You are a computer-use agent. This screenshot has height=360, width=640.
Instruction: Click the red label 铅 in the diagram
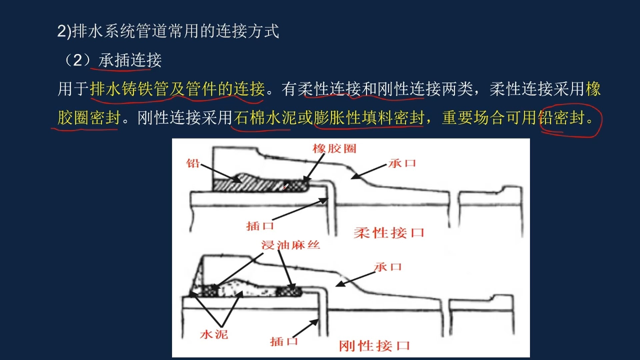pyautogui.click(x=193, y=163)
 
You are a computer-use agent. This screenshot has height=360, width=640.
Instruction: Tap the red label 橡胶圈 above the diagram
pyautogui.click(x=334, y=148)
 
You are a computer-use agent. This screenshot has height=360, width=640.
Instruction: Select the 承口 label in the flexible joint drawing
pyautogui.click(x=402, y=163)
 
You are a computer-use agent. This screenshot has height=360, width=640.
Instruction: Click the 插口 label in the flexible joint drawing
pyautogui.click(x=260, y=226)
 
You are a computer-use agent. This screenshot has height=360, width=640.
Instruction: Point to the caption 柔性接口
pyautogui.click(x=389, y=233)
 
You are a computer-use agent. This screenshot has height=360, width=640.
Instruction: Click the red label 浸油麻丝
pyautogui.click(x=291, y=245)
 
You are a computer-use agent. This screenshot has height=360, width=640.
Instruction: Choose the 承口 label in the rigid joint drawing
pyautogui.click(x=388, y=267)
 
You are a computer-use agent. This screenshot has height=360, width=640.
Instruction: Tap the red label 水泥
pyautogui.click(x=214, y=334)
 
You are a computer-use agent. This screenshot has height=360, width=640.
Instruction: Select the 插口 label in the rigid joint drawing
pyautogui.click(x=284, y=341)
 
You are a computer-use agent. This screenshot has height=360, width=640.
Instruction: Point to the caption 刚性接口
pyautogui.click(x=374, y=346)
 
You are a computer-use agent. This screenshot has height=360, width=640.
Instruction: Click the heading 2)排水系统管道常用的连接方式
pyautogui.click(x=168, y=31)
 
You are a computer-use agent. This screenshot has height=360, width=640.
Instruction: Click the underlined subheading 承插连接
pyautogui.click(x=130, y=60)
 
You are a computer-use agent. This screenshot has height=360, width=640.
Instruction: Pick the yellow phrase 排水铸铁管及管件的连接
pyautogui.click(x=177, y=89)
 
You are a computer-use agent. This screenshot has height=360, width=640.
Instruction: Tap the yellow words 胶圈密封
pyautogui.click(x=89, y=118)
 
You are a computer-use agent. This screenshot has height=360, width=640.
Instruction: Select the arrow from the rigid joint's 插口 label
pyautogui.click(x=306, y=329)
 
